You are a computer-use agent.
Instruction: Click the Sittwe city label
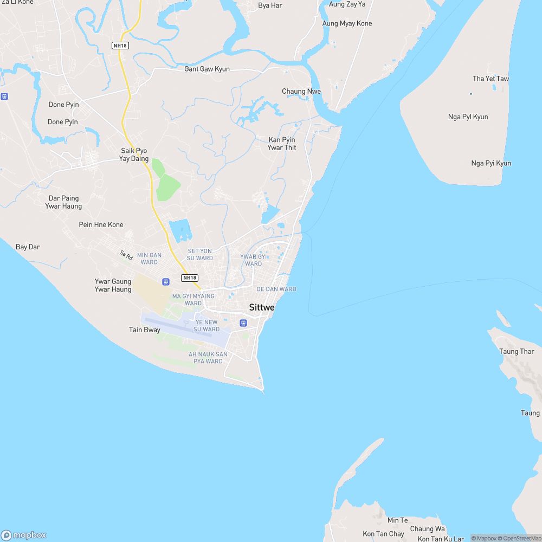coord(262,308)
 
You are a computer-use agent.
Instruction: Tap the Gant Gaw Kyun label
coord(207,69)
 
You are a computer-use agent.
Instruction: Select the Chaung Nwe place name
coord(301,92)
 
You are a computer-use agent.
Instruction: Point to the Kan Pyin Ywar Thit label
coord(282,144)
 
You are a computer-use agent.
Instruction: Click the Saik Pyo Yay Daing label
coord(134,154)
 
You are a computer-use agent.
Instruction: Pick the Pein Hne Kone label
coord(101,225)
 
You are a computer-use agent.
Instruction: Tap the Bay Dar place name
coord(28,247)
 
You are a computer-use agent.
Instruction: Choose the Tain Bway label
coord(145,330)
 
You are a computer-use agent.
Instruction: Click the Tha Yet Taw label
coord(491,79)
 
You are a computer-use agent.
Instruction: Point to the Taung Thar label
coord(517,352)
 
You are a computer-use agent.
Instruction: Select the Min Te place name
coord(397,520)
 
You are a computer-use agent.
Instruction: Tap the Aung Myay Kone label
coord(347,24)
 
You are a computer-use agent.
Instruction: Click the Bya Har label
coord(270,6)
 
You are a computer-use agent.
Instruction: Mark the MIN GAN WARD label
coord(149,259)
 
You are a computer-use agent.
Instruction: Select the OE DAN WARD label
coord(276,289)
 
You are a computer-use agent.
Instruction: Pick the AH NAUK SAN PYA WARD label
coord(208,358)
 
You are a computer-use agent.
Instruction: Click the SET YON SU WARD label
coord(200,255)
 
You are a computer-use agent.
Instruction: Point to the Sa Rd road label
coord(126,254)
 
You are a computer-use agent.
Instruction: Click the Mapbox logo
coord(24,535)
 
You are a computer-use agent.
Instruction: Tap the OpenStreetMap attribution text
coord(519,538)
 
